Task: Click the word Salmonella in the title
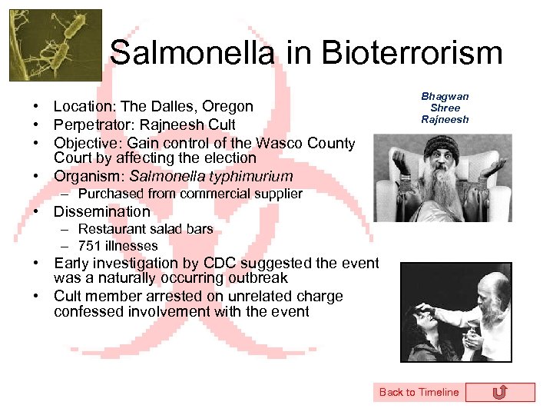191,53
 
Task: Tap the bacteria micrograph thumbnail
55,45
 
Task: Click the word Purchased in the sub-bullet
107,194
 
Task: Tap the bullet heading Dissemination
102,211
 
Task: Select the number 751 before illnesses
90,246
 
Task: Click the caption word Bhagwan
445,97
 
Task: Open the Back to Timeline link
419,392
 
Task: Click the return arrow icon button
500,392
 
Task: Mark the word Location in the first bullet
79,106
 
